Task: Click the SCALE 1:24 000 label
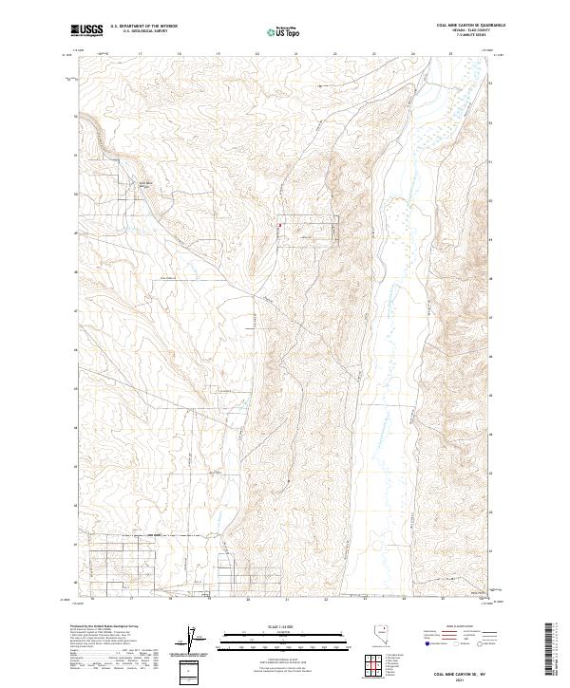[x=272, y=627]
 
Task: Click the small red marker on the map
[x=279, y=225]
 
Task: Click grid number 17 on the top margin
[x=141, y=54]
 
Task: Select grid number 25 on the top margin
[x=450, y=54]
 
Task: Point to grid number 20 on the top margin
[x=258, y=54]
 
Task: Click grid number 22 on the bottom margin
[x=325, y=600]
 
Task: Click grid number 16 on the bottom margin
[x=92, y=600]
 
